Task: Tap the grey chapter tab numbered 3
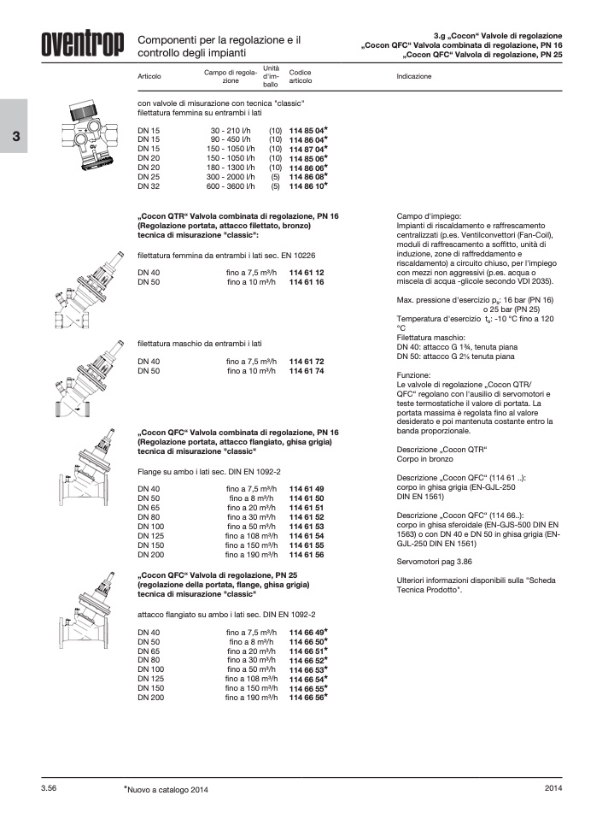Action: click(x=14, y=138)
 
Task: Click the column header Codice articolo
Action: click(x=301, y=76)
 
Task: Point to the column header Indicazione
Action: click(x=414, y=76)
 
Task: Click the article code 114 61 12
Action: click(x=307, y=272)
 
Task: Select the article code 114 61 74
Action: click(x=307, y=371)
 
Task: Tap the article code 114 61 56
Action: click(x=307, y=554)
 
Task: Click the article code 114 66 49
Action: click(x=307, y=633)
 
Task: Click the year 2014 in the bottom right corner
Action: click(x=553, y=788)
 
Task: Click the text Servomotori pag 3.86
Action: click(x=435, y=563)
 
